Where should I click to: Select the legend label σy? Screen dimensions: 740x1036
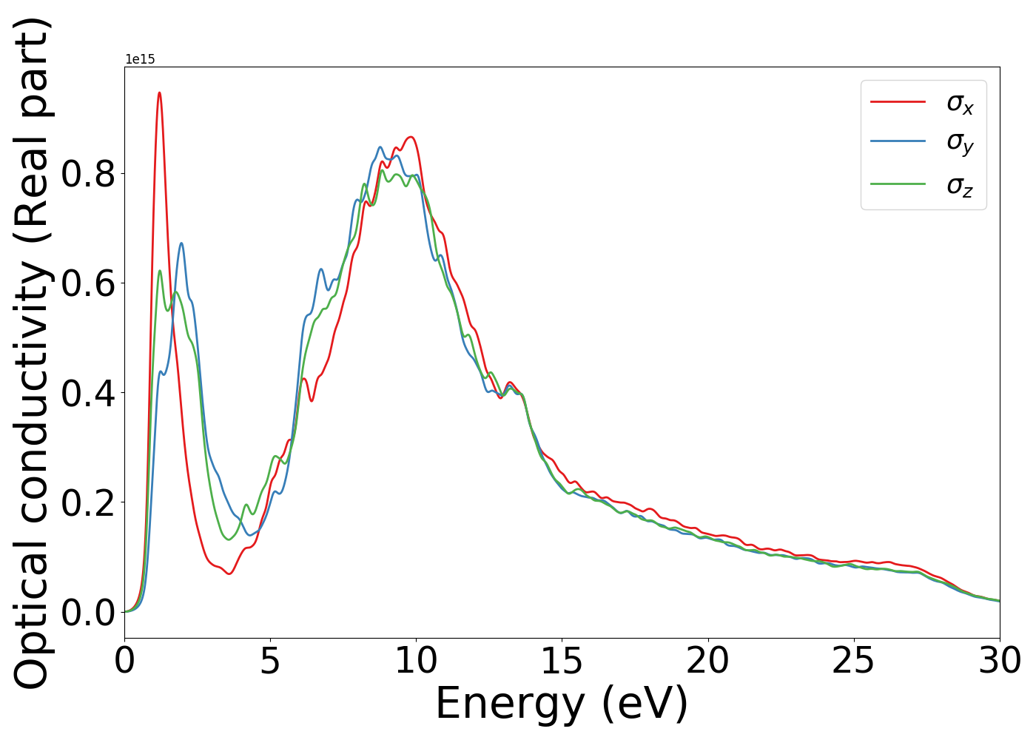coord(960,142)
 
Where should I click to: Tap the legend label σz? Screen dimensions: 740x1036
coord(960,185)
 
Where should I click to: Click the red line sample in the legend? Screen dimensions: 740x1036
coord(898,101)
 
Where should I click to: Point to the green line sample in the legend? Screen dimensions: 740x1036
coord(898,184)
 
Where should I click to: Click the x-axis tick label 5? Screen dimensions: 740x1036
coord(270,661)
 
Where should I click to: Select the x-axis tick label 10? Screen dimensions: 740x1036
coord(416,661)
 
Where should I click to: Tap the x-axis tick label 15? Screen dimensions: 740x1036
coord(562,661)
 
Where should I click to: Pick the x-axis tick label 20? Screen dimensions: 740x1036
coord(708,661)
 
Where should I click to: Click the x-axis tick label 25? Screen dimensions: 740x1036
coord(854,661)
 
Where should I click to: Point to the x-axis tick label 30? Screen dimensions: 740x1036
coord(999,661)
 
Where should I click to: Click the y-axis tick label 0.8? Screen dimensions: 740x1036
coord(88,174)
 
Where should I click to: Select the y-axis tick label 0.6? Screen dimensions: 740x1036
coord(88,283)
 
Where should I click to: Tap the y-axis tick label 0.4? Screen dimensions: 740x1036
coord(88,393)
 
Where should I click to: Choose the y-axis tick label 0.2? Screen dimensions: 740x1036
coord(88,502)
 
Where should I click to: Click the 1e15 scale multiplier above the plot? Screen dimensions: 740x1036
coord(140,59)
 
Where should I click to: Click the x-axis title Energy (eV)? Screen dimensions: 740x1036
coord(562,704)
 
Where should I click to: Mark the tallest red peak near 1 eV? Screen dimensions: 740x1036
coord(159,93)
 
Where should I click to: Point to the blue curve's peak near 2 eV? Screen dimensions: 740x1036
coord(181,243)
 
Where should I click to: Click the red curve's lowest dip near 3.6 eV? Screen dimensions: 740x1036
coord(230,573)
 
